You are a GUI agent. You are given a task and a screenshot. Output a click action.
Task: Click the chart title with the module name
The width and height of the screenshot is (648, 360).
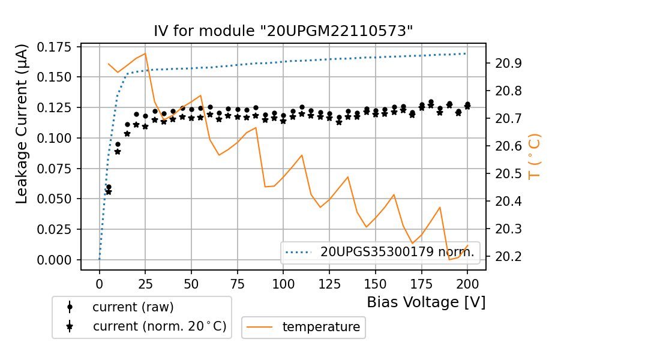(x=283, y=31)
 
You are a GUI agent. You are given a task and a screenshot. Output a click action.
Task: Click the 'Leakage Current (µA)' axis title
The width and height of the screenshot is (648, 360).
(x=22, y=124)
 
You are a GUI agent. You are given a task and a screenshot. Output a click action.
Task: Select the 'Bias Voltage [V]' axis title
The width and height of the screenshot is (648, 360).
(x=426, y=302)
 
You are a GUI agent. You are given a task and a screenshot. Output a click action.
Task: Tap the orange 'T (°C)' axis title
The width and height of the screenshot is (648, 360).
(x=534, y=157)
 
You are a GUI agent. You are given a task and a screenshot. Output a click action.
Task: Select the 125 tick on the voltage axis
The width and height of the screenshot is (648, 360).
(x=329, y=283)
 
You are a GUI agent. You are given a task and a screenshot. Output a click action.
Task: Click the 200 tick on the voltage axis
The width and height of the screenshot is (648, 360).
(x=467, y=283)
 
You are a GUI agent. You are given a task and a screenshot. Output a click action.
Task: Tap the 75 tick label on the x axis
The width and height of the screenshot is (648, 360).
(x=238, y=283)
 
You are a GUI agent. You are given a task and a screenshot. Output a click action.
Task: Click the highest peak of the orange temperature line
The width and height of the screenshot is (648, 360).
(x=145, y=53)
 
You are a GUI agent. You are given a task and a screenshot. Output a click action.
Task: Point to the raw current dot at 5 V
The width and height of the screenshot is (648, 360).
(x=109, y=187)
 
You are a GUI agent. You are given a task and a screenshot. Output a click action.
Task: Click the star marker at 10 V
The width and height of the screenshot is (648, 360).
(x=118, y=152)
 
